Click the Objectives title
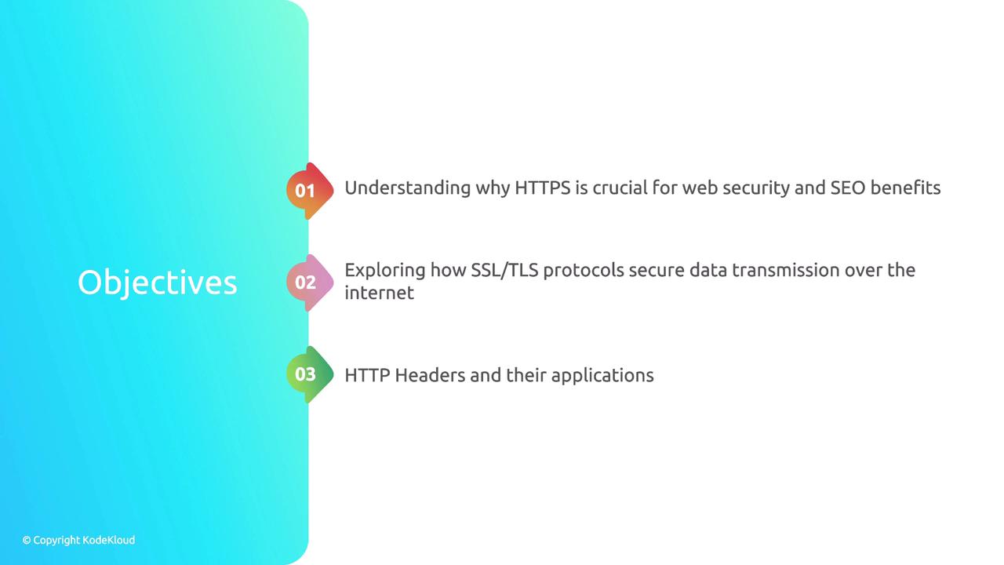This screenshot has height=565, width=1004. pyautogui.click(x=158, y=283)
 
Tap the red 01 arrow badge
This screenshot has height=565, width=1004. pyautogui.click(x=310, y=191)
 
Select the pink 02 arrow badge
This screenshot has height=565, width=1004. pyautogui.click(x=310, y=282)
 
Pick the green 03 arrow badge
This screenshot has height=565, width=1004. pyautogui.click(x=310, y=374)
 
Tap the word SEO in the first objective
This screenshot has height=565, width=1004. pyautogui.click(x=848, y=188)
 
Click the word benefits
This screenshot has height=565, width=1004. pyautogui.click(x=905, y=188)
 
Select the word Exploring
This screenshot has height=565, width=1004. pyautogui.click(x=385, y=272)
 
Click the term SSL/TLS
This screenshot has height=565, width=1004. pyautogui.click(x=504, y=271)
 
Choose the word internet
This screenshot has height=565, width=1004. pyautogui.click(x=379, y=293)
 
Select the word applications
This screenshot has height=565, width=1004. pyautogui.click(x=602, y=376)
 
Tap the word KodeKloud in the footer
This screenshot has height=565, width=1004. pyautogui.click(x=109, y=540)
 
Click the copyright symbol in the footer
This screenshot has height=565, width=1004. pyautogui.click(x=27, y=541)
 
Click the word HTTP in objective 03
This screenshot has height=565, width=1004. pyautogui.click(x=367, y=375)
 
